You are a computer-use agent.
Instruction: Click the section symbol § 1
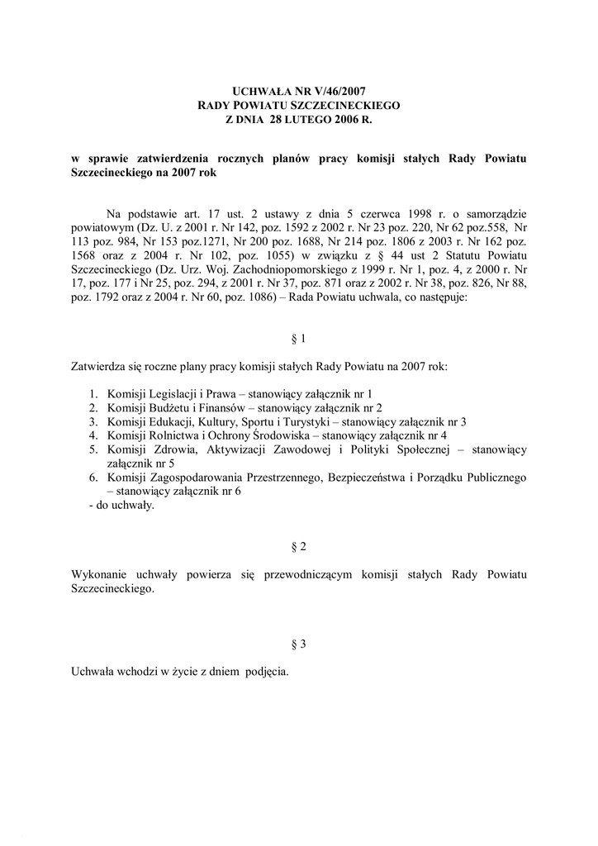click(x=299, y=339)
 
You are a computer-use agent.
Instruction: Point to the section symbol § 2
click(x=299, y=548)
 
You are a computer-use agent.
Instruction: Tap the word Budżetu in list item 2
click(x=170, y=407)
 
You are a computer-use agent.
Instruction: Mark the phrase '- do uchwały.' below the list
click(x=121, y=506)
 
